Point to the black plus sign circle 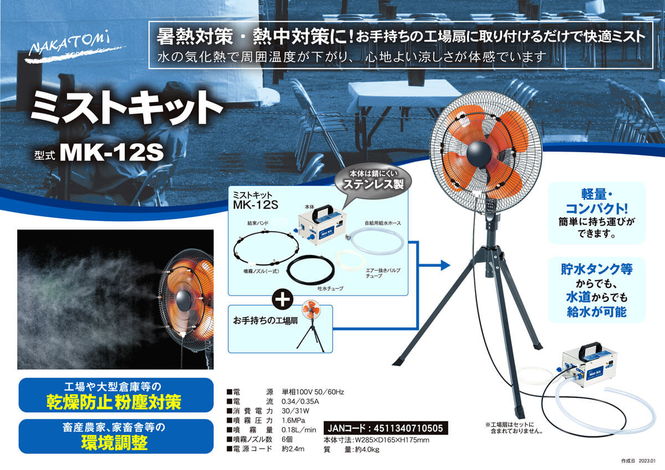pyautogui.click(x=283, y=299)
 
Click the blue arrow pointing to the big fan pyautogui.click(x=443, y=265)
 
